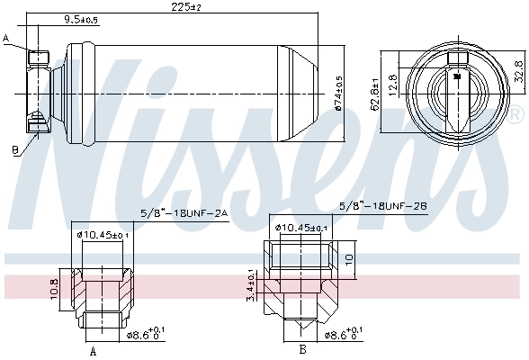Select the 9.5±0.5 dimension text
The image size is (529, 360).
(x=82, y=19)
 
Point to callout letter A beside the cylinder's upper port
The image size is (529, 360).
(x=6, y=38)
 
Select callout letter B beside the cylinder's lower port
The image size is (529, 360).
(x=15, y=149)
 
